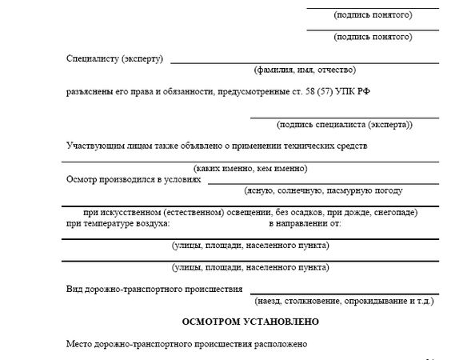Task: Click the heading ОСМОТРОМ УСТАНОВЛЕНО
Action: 250,322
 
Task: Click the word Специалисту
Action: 93,58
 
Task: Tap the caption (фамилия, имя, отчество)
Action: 305,70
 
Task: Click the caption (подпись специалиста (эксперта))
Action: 345,125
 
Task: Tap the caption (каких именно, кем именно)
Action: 250,168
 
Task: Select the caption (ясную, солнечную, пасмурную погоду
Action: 323,190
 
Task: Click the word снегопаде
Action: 395,213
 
